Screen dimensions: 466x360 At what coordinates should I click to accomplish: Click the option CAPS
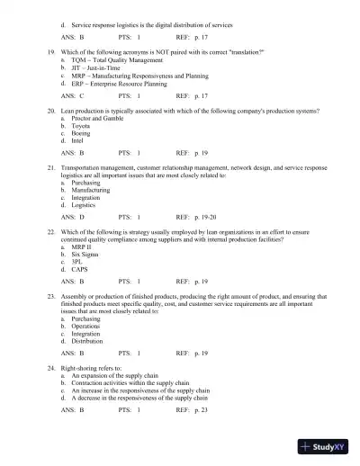(x=79, y=267)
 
